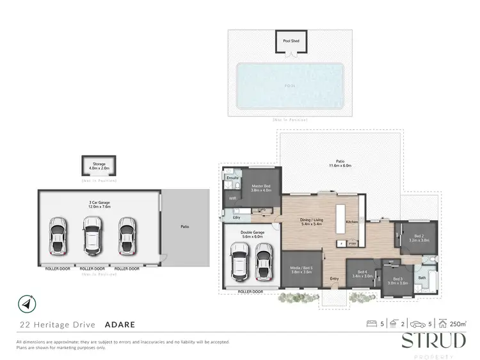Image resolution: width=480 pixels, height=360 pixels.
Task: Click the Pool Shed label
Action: [x=291, y=41]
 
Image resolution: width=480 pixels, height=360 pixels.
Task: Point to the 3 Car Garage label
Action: [x=100, y=205]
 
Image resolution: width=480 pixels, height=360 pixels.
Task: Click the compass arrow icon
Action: [x=26, y=303]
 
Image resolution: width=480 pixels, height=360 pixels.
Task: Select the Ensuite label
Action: [x=232, y=177]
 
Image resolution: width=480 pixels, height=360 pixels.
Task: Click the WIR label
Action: [x=232, y=198]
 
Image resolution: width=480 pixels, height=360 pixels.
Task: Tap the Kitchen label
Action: [x=352, y=221]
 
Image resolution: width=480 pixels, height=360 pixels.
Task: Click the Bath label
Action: [x=422, y=277]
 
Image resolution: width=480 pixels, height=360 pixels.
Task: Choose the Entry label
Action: [x=334, y=279]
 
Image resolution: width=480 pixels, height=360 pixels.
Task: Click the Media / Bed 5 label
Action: [x=301, y=270]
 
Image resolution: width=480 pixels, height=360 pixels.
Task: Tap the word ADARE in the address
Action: [x=116, y=324]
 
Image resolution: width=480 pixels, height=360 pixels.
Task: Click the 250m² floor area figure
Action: [x=458, y=324]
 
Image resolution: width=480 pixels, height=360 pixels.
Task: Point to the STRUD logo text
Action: [x=433, y=340]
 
